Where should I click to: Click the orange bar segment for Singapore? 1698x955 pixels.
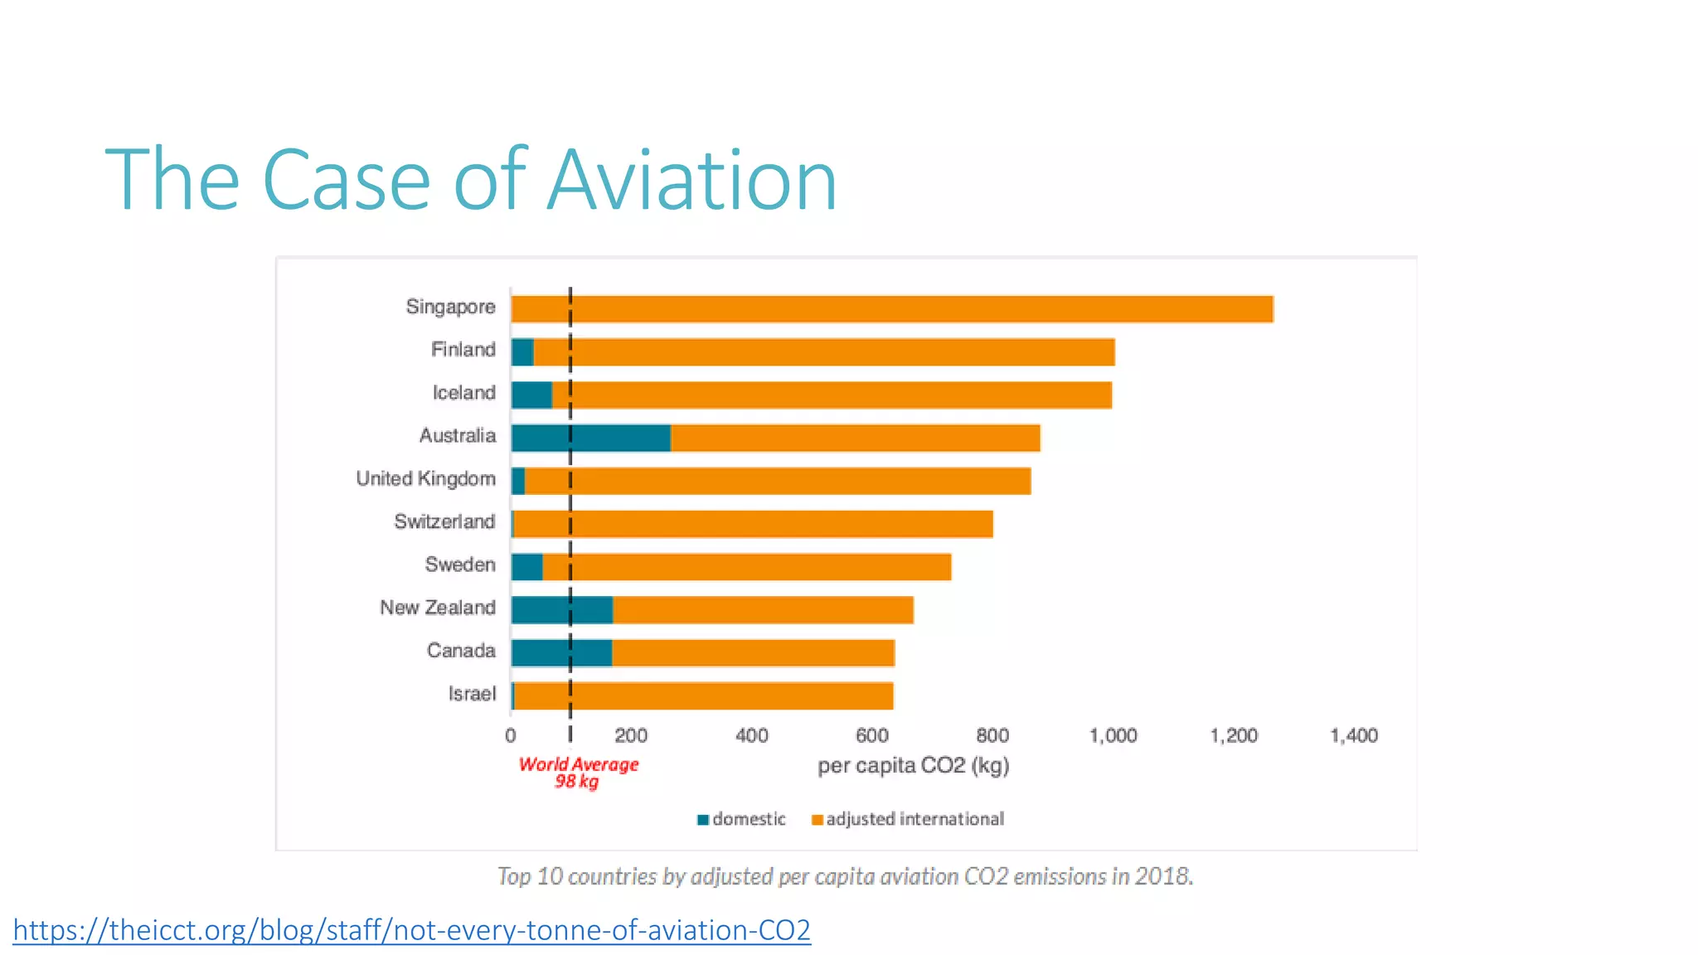(891, 308)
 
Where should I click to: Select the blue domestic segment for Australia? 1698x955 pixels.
(590, 438)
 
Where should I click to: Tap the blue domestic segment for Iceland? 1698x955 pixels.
(531, 395)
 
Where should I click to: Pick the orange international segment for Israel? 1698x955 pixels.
(703, 696)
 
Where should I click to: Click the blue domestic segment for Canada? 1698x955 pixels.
(561, 653)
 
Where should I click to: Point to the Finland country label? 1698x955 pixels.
(463, 350)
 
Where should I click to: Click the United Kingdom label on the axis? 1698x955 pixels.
(425, 479)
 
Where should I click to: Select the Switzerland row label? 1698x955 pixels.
(444, 522)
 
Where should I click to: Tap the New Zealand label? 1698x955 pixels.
(438, 608)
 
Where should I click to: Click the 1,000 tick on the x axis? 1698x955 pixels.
(1113, 735)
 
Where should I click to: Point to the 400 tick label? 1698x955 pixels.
(751, 735)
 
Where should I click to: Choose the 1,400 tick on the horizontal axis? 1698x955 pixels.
(1353, 735)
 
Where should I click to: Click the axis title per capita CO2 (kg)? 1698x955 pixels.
(913, 765)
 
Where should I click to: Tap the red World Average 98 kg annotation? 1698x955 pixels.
(578, 773)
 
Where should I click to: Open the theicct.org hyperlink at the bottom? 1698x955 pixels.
(411, 930)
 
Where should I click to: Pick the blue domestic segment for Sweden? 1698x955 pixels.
(526, 567)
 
